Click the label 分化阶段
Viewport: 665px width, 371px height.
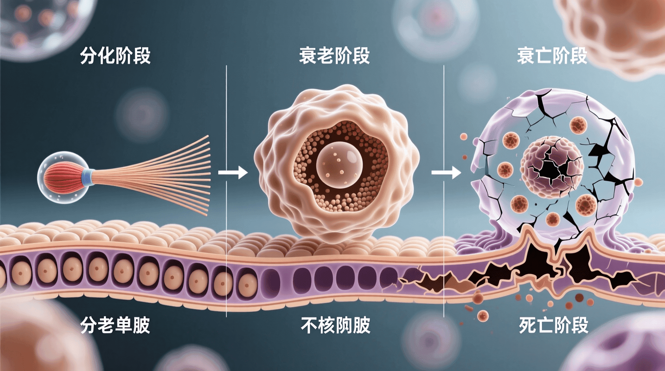(x=115, y=56)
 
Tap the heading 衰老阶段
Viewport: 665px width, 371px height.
(x=334, y=56)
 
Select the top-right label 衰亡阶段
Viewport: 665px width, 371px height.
(x=552, y=56)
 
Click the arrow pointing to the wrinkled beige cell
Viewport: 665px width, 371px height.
(x=233, y=173)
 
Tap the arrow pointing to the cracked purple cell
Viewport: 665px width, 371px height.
(x=446, y=173)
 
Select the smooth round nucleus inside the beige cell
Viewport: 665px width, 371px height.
(x=339, y=164)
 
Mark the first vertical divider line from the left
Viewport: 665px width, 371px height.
(x=227, y=192)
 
